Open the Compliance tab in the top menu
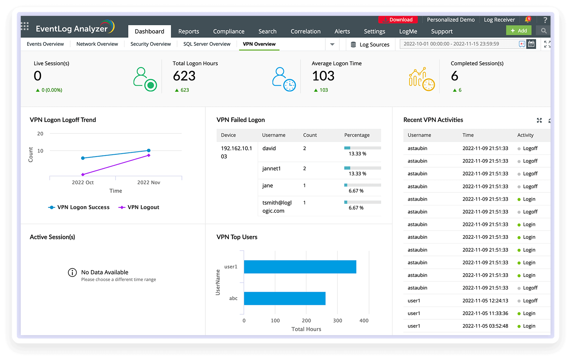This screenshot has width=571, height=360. [229, 31]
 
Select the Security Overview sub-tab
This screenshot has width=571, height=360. [151, 44]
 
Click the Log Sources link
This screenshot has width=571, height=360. [374, 45]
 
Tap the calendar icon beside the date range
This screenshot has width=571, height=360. [531, 44]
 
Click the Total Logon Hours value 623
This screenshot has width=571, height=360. [184, 76]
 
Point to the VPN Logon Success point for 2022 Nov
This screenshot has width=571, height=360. [149, 151]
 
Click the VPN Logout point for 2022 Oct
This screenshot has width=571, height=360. [83, 174]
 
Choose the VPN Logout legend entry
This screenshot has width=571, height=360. [139, 207]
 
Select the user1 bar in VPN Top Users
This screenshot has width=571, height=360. [300, 267]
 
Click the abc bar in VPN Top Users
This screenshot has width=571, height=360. [285, 298]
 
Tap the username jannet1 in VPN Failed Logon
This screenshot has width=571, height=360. [271, 169]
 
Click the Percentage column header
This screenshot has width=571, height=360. [357, 135]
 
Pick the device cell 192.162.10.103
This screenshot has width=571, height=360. [236, 152]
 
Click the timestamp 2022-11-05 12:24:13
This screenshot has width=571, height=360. [485, 301]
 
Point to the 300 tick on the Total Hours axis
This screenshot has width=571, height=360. [337, 320]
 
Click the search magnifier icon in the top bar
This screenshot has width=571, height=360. [543, 31]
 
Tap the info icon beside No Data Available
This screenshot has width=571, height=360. [72, 272]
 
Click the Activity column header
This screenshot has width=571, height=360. [525, 135]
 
